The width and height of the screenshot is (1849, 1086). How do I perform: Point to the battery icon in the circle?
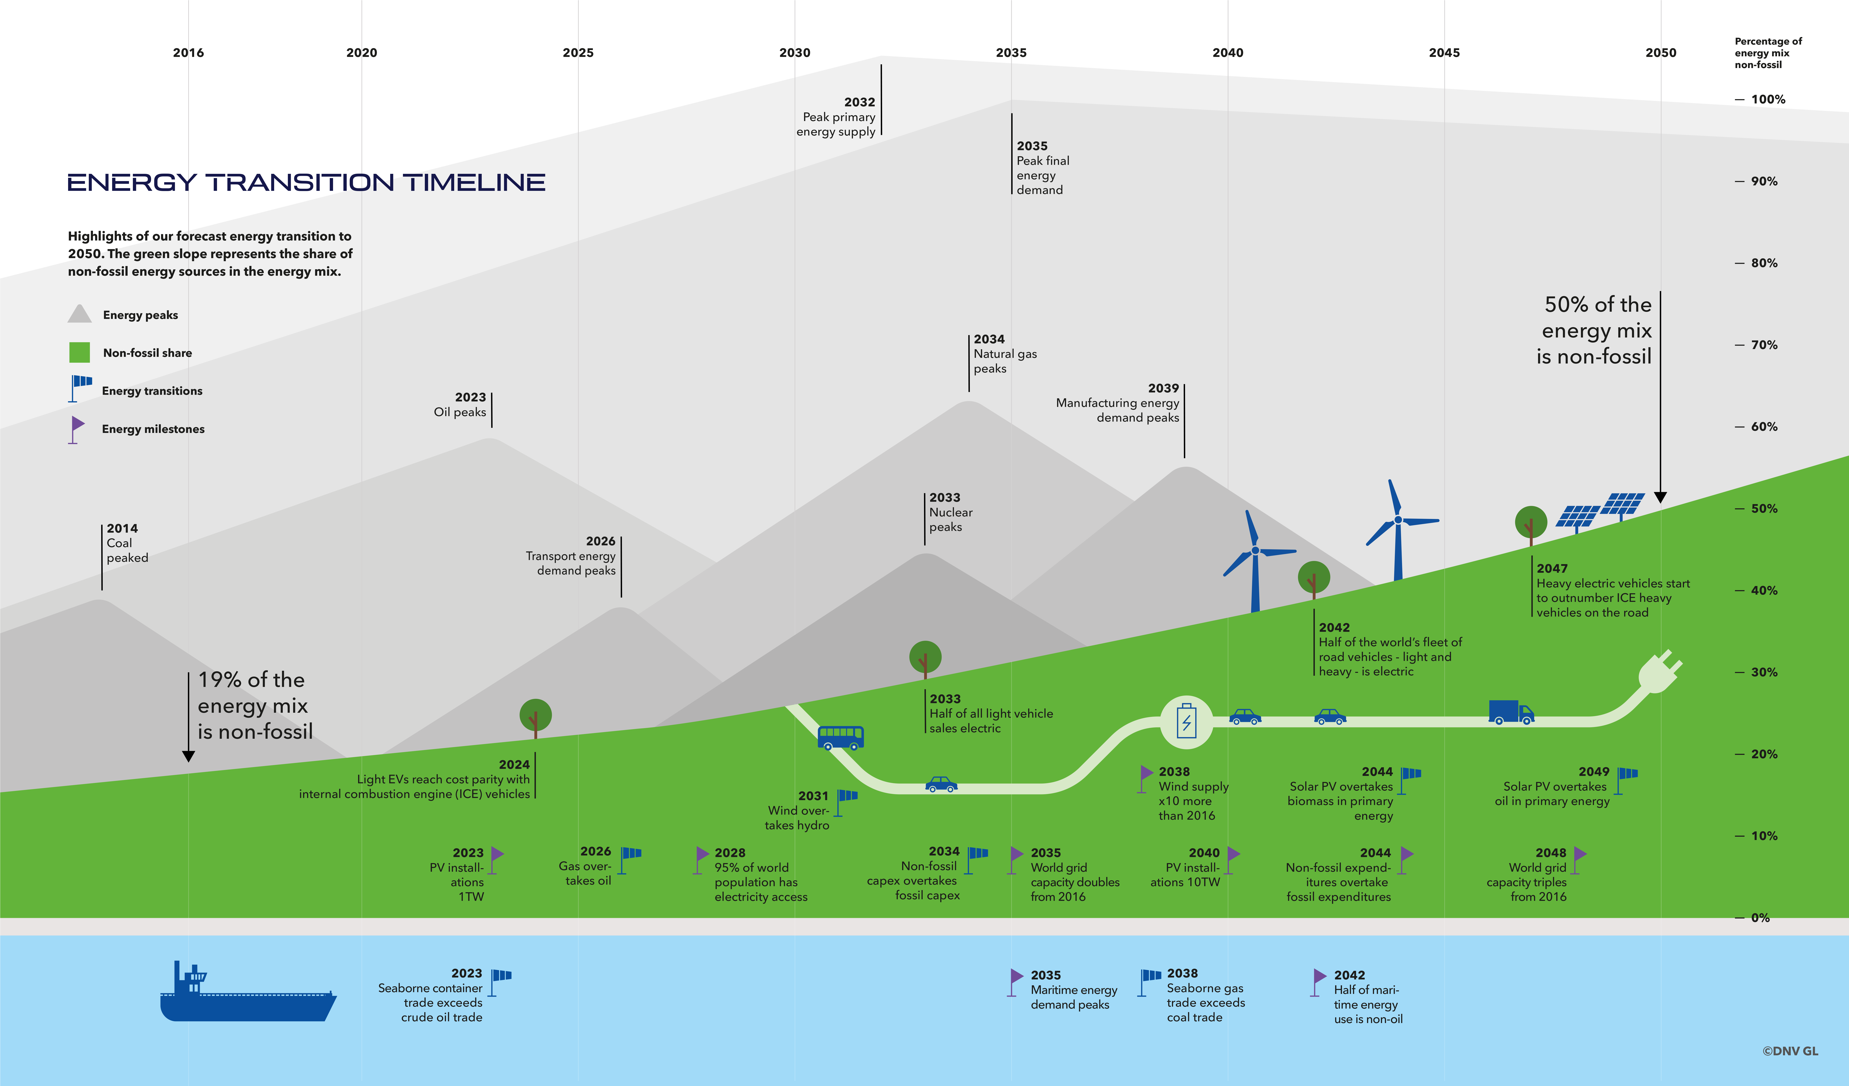click(1186, 722)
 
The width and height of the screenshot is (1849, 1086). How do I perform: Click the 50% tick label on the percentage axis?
click(1764, 508)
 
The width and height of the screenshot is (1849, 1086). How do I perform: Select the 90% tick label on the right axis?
click(1764, 181)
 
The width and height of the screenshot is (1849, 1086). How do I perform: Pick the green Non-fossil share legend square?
click(79, 353)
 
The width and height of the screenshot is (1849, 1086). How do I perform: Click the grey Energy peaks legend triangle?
click(79, 315)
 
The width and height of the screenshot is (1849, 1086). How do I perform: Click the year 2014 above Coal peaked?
click(122, 528)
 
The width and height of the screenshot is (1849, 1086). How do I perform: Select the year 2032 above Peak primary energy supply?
click(859, 102)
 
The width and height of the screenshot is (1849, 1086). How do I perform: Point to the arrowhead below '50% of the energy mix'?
click(1660, 497)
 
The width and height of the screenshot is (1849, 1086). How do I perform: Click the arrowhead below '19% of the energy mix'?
click(189, 756)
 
